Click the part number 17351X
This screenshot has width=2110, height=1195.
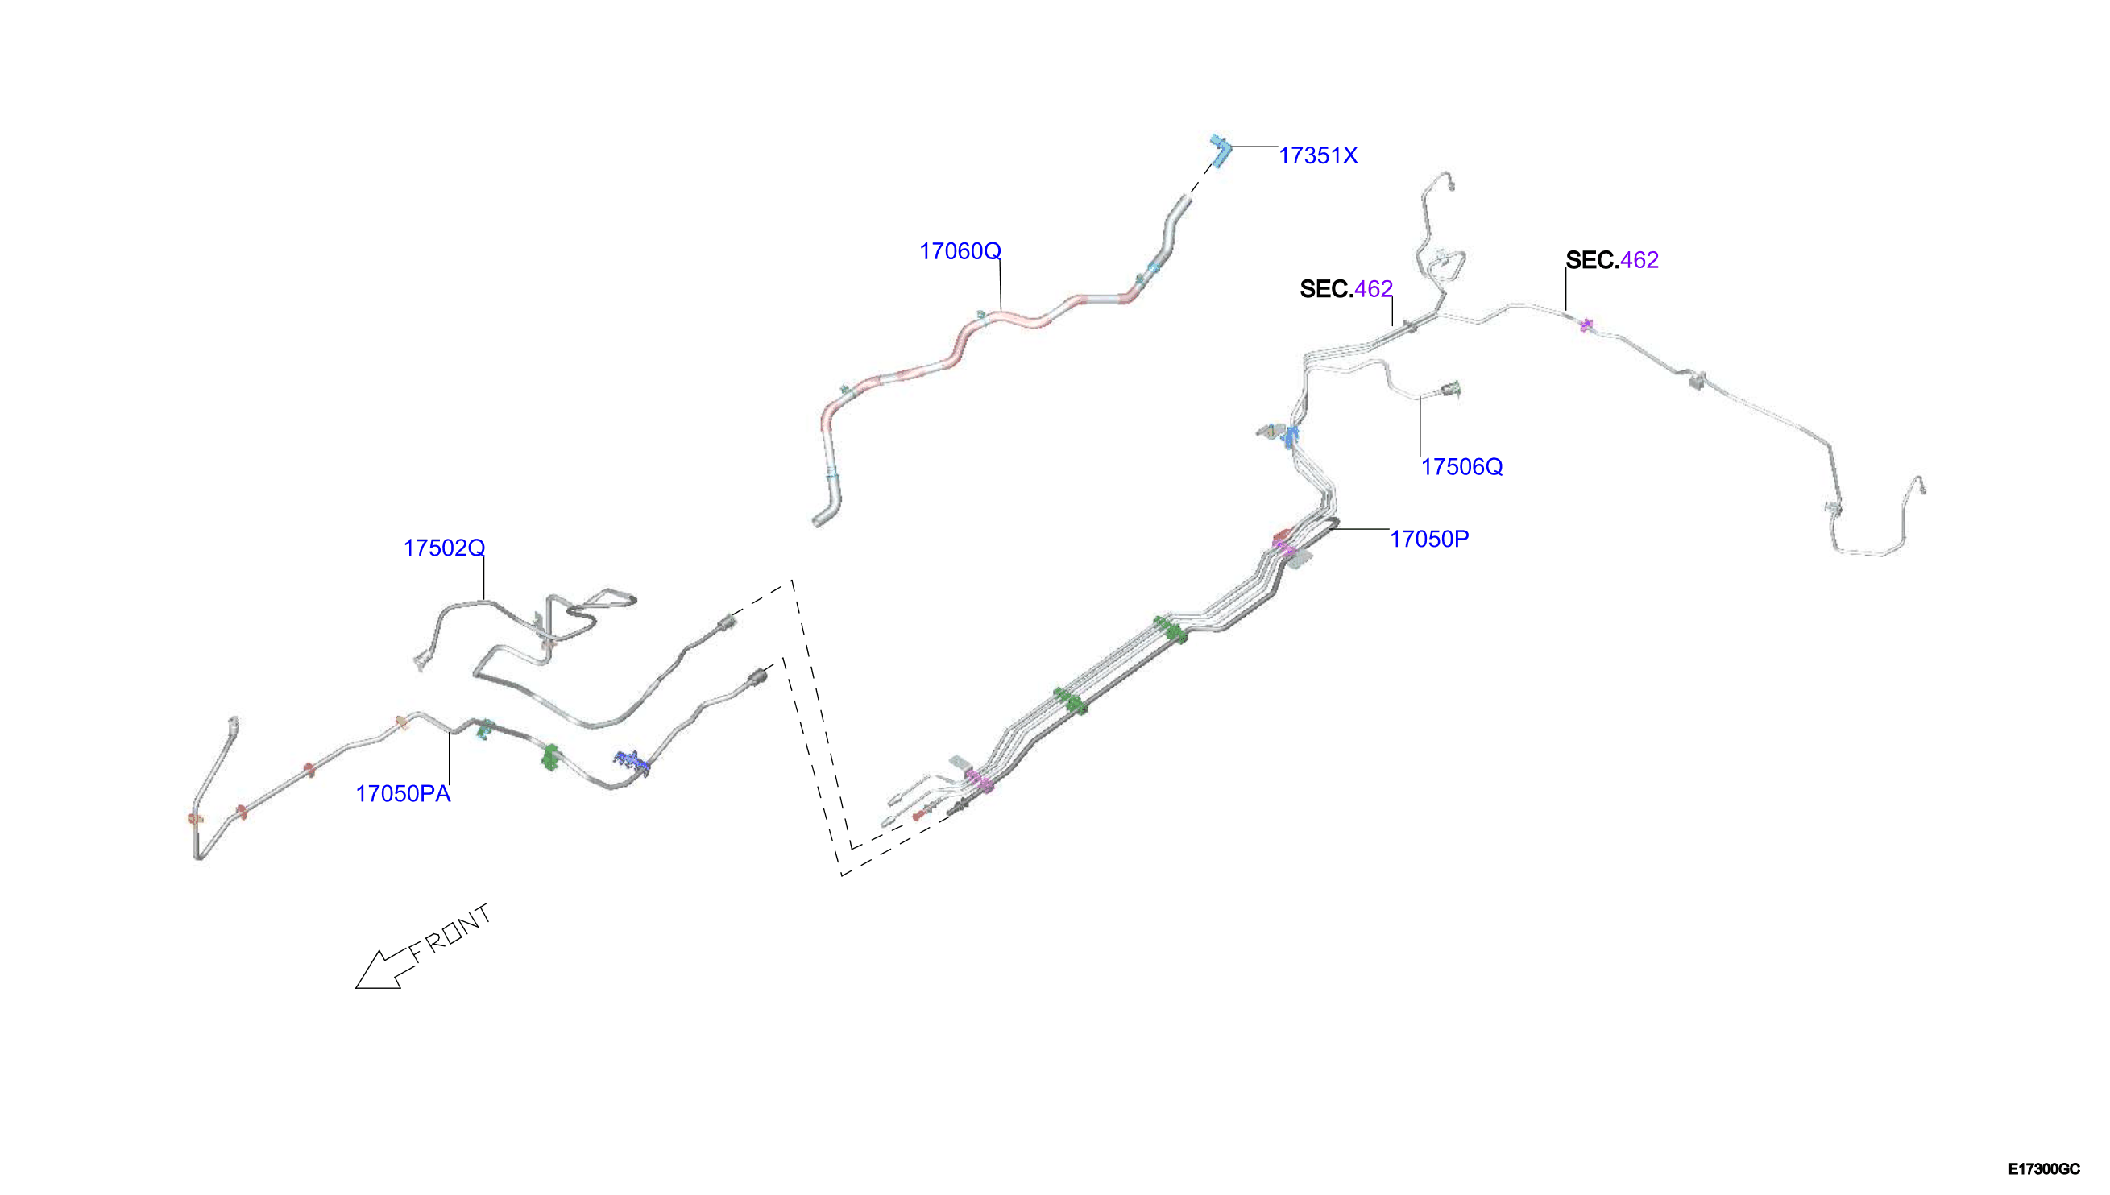1318,155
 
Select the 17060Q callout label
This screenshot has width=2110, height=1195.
960,251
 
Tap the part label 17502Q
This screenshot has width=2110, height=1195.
444,548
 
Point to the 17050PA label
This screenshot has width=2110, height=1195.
403,794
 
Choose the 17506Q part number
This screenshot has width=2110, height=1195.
1461,467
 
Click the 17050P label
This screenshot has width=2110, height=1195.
1429,539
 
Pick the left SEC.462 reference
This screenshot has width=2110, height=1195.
1346,289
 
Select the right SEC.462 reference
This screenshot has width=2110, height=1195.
1611,260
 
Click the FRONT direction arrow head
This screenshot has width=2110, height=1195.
379,971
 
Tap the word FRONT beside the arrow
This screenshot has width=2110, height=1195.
450,933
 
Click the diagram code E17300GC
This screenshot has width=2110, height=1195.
2044,1168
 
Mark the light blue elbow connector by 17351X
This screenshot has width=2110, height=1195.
1220,151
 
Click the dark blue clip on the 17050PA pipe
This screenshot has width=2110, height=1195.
632,763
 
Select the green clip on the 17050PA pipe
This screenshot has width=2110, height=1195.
550,757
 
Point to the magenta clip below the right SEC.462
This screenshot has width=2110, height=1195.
1586,325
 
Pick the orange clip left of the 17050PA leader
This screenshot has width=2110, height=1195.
401,722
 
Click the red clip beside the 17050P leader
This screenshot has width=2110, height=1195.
1281,537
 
